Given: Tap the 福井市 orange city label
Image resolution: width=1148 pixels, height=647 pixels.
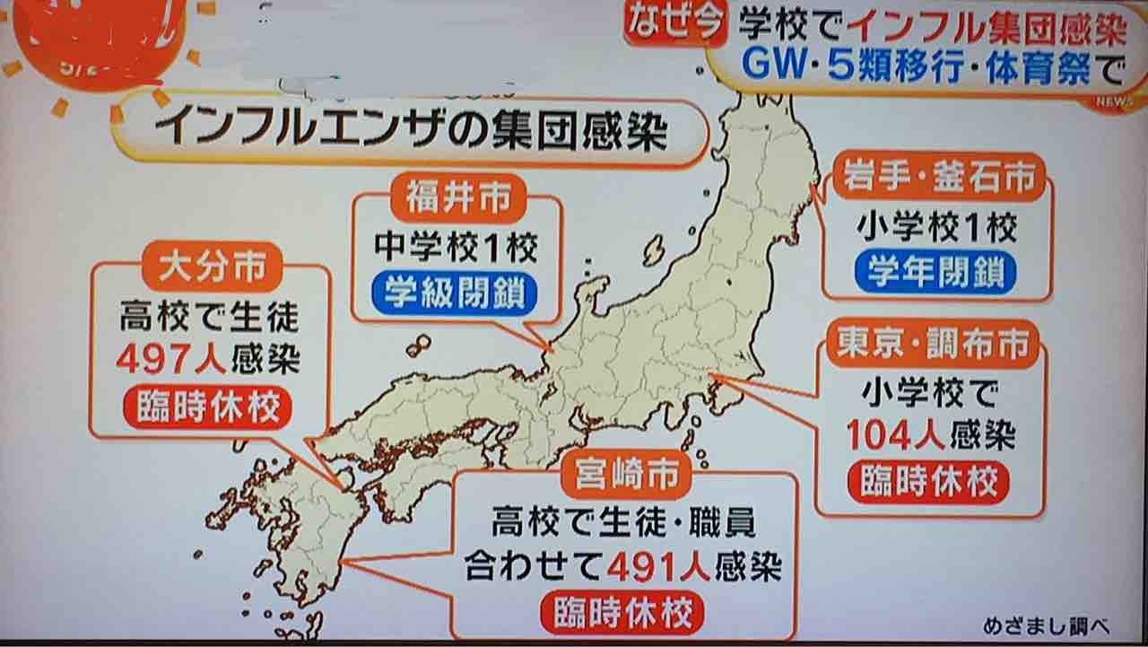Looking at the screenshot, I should (x=457, y=197).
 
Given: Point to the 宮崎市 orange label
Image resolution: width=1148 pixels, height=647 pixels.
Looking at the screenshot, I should (x=626, y=475).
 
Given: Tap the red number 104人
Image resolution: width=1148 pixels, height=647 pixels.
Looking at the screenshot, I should (x=895, y=436).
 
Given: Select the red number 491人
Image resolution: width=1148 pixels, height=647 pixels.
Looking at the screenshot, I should (x=658, y=566).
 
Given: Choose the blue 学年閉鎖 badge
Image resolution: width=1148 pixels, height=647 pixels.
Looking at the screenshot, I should (x=935, y=271).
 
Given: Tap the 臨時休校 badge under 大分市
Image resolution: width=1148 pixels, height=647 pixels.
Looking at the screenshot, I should (x=208, y=408).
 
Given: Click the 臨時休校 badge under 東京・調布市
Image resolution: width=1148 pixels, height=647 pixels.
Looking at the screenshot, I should (x=928, y=482).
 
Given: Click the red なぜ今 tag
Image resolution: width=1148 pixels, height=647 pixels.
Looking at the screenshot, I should (x=674, y=24).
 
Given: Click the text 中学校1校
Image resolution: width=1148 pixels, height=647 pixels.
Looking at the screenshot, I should (x=457, y=246).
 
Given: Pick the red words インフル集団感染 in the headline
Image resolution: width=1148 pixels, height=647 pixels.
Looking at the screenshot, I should (x=986, y=29).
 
